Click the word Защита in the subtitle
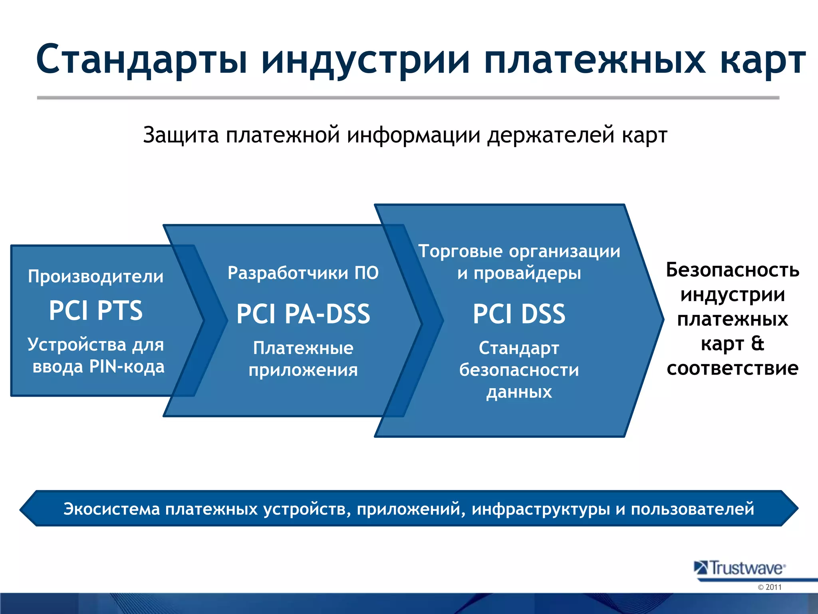pyautogui.click(x=181, y=135)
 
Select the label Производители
pyautogui.click(x=96, y=277)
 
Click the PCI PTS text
pyautogui.click(x=96, y=311)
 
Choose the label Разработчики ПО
pyautogui.click(x=303, y=273)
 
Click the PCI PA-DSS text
pyautogui.click(x=303, y=314)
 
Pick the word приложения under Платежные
pyautogui.click(x=303, y=370)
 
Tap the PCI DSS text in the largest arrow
pyautogui.click(x=519, y=314)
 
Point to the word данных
pyautogui.click(x=519, y=392)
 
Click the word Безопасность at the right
pyautogui.click(x=733, y=270)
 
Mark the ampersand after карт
pyautogui.click(x=757, y=344)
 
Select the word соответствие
pyautogui.click(x=733, y=368)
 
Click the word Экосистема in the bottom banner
pyautogui.click(x=111, y=509)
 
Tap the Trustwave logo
pyautogui.click(x=740, y=568)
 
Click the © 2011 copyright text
pyautogui.click(x=769, y=587)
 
